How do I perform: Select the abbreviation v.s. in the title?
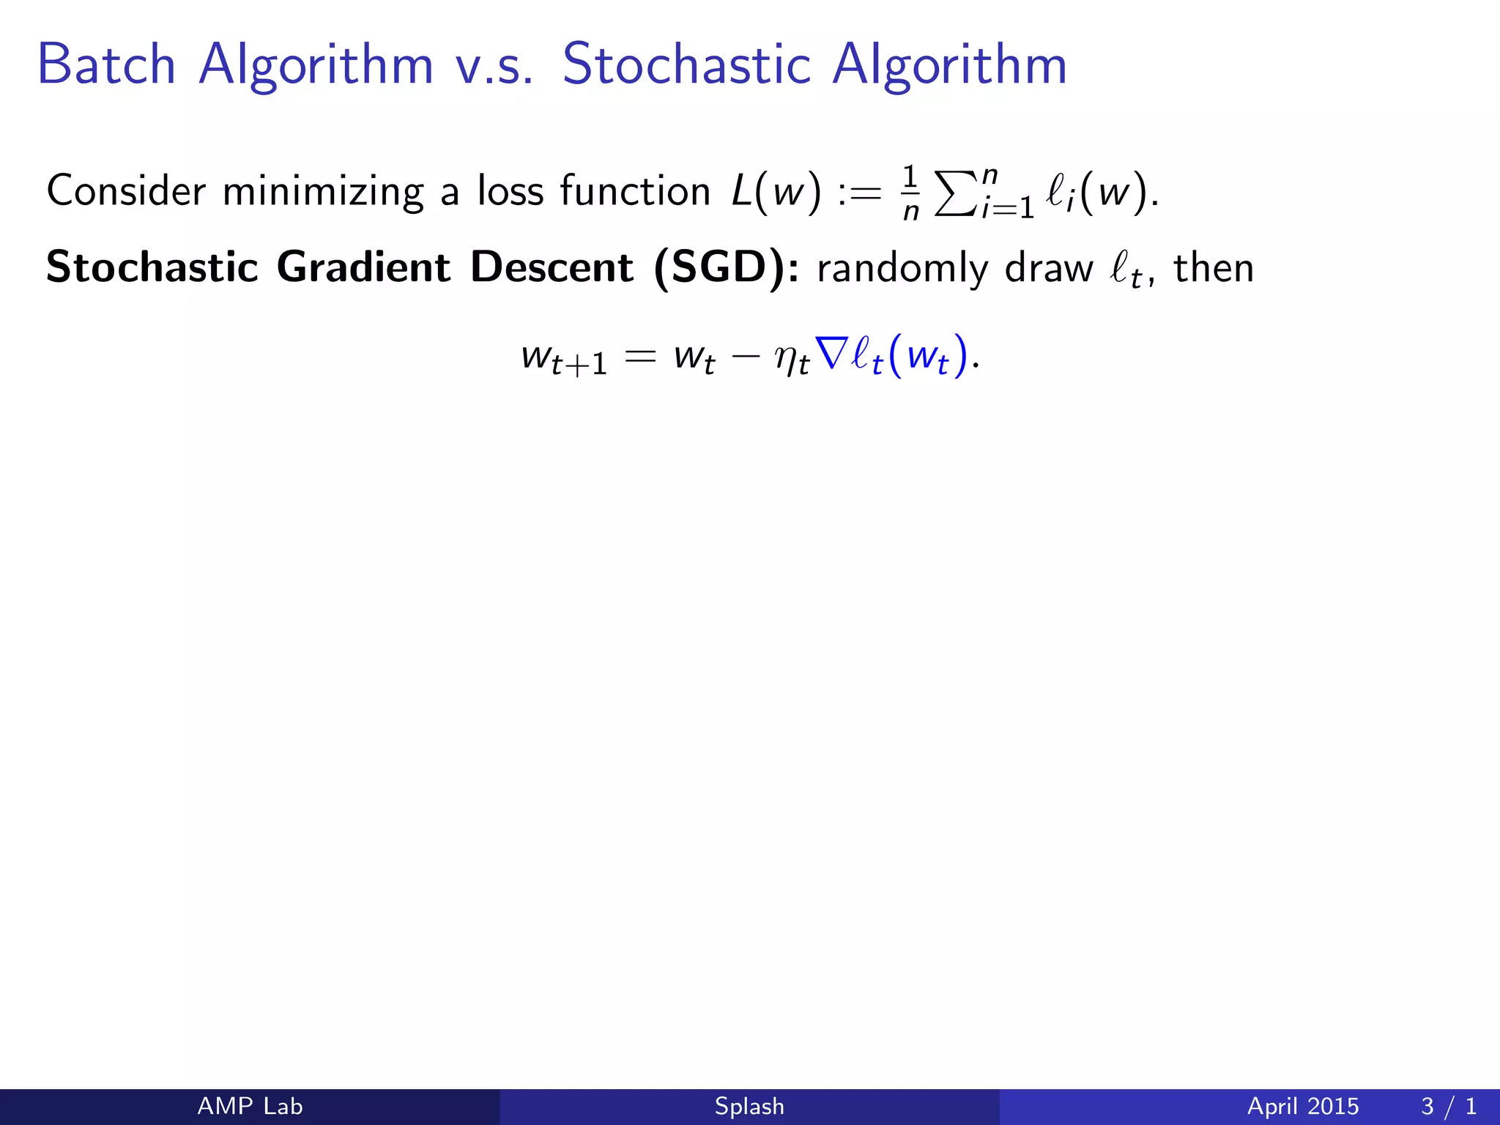click(494, 66)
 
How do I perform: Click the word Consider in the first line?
click(126, 191)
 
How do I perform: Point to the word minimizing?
click(323, 193)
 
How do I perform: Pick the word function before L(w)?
click(635, 191)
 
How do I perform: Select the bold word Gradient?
click(363, 267)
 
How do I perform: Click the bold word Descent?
click(552, 267)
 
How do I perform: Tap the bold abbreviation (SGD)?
click(726, 268)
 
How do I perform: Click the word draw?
click(1048, 268)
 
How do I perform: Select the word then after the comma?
click(1214, 268)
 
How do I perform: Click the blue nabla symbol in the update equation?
click(831, 354)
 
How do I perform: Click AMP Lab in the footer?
click(250, 1106)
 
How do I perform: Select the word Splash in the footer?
click(749, 1106)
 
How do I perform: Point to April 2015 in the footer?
click(1302, 1106)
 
